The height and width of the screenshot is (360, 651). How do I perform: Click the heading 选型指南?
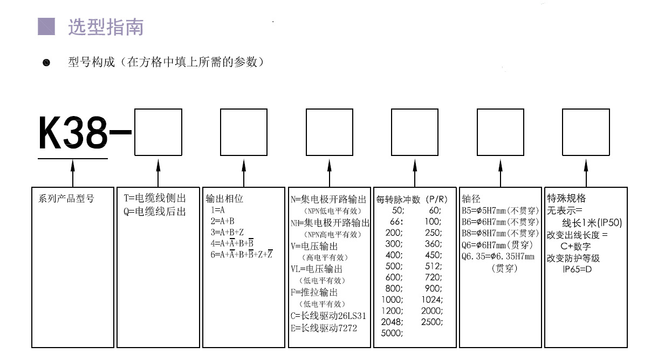click(x=106, y=27)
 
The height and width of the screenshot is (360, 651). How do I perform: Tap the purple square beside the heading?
click(x=46, y=26)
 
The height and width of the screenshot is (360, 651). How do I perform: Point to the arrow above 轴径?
click(x=501, y=173)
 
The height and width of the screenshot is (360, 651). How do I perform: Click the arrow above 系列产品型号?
click(x=73, y=173)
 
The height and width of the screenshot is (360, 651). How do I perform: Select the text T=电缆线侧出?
click(x=155, y=199)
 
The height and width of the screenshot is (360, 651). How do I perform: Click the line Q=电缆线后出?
click(x=155, y=212)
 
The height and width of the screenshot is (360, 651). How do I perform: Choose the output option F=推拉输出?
click(x=314, y=293)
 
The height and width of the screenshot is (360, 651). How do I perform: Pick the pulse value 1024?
click(x=431, y=300)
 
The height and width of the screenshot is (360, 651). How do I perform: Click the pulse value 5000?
click(x=392, y=334)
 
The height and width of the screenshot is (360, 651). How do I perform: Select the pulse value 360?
click(x=431, y=243)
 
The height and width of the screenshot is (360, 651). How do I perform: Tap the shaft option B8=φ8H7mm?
click(x=500, y=233)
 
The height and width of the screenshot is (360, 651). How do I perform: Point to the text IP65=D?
click(x=577, y=268)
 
